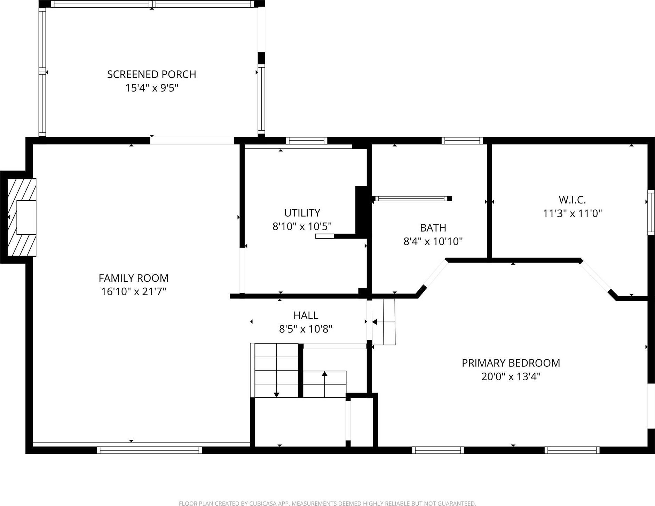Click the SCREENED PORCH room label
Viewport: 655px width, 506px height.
(151, 74)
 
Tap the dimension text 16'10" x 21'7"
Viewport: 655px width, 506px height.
(134, 291)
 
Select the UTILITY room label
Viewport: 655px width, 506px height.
(302, 213)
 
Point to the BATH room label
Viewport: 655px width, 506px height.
(433, 228)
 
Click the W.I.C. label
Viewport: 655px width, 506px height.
(572, 200)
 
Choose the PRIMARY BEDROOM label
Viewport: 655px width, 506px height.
(511, 363)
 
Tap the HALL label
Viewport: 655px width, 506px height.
(306, 316)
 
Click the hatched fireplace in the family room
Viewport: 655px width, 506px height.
(22, 217)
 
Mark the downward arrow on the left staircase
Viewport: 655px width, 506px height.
(276, 394)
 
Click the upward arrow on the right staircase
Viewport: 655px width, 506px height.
(325, 374)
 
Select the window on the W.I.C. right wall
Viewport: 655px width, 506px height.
(651, 212)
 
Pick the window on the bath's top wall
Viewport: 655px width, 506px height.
(462, 141)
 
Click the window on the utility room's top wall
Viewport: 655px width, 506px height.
(306, 141)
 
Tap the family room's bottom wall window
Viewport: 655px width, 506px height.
(149, 450)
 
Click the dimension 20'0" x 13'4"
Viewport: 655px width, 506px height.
(511, 377)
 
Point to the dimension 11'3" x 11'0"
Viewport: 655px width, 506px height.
(572, 213)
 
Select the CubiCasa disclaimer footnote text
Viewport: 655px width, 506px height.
(327, 503)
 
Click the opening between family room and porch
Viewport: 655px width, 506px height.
(192, 141)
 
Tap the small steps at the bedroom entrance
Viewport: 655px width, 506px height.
(384, 322)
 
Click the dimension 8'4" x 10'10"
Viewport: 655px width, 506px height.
(433, 241)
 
